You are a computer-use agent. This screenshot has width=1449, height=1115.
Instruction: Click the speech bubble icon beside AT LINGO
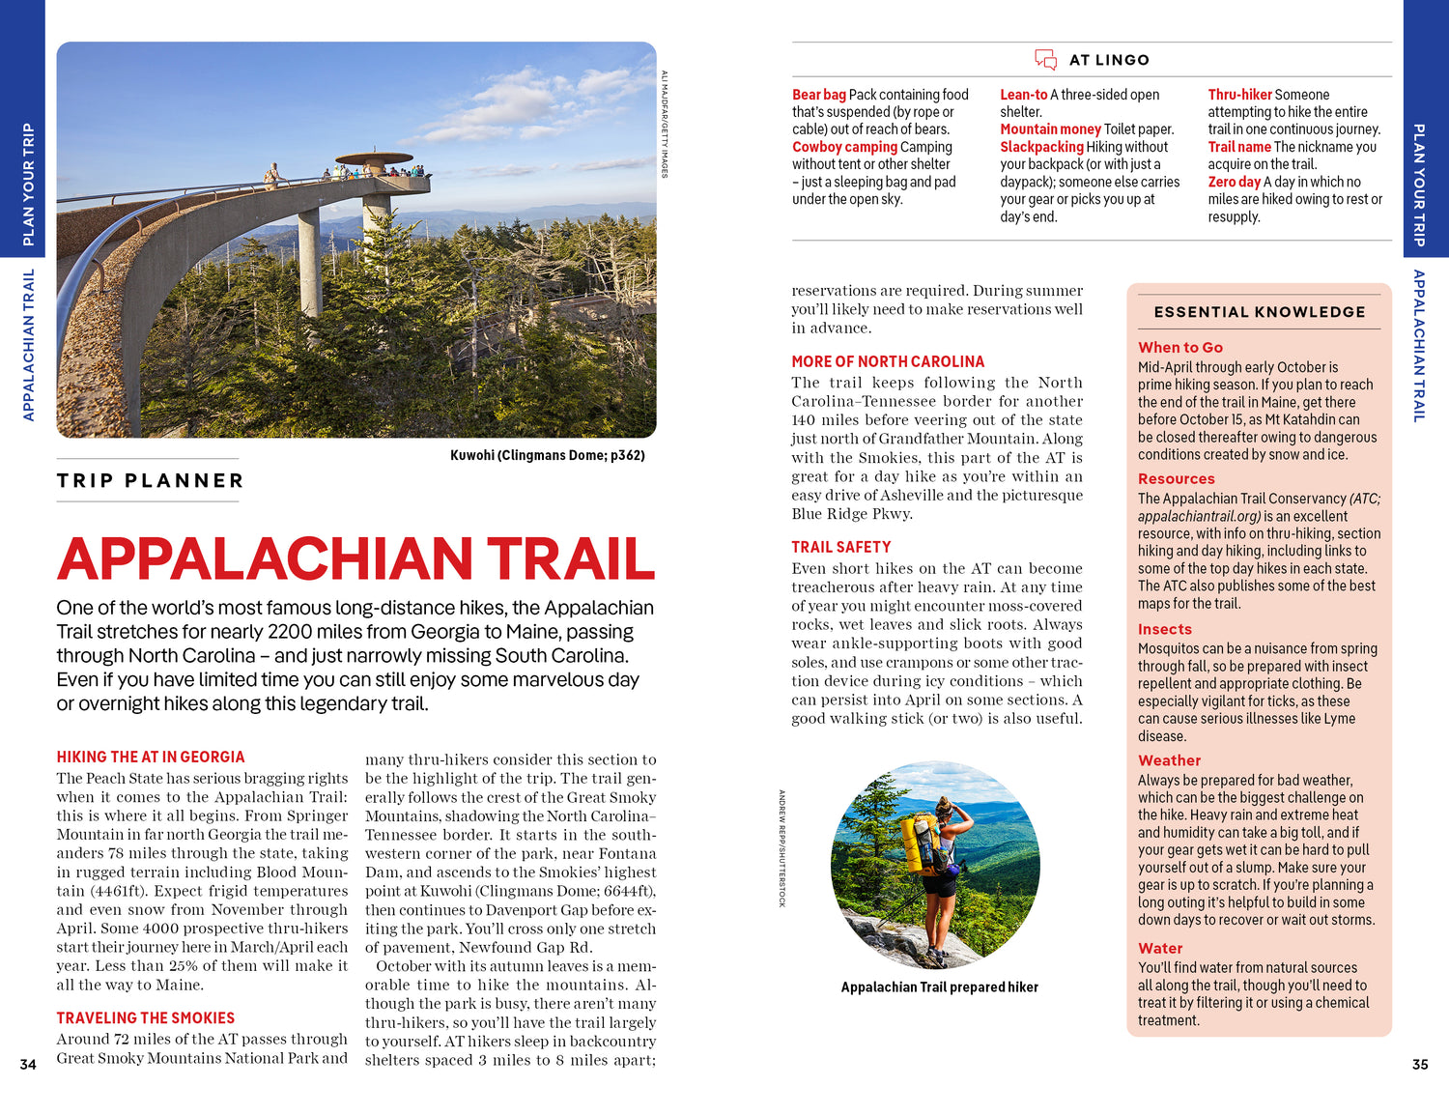point(1045,60)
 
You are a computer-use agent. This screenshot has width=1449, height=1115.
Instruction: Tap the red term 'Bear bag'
point(818,95)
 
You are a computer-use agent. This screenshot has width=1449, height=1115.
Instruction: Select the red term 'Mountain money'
point(1050,129)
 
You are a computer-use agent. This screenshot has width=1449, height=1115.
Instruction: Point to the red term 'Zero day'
point(1234,182)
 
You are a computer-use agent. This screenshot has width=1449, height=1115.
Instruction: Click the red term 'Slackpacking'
point(1041,147)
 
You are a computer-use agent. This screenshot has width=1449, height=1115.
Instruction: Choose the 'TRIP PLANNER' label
point(150,480)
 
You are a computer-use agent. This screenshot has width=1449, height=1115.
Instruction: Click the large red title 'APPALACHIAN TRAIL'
point(355,558)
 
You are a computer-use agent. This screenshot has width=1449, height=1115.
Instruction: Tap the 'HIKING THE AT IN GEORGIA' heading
point(151,757)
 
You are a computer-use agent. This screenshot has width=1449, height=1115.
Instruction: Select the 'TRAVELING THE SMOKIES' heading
point(146,1017)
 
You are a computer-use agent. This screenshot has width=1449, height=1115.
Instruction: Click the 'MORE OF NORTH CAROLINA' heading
point(888,361)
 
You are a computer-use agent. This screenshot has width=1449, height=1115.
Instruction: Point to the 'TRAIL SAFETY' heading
point(841,547)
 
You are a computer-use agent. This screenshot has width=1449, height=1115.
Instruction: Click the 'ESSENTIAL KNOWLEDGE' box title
point(1260,312)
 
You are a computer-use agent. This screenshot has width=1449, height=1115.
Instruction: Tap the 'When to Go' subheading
point(1180,347)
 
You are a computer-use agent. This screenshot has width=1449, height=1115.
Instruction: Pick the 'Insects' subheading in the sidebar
point(1165,629)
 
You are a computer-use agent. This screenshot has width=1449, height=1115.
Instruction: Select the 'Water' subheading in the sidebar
point(1160,948)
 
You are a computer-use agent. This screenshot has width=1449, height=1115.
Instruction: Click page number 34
point(28,1064)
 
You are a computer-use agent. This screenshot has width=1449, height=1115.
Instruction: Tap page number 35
point(1420,1064)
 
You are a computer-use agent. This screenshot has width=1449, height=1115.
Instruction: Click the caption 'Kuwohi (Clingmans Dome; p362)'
point(547,455)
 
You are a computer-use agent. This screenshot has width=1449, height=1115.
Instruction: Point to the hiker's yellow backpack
point(920,840)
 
